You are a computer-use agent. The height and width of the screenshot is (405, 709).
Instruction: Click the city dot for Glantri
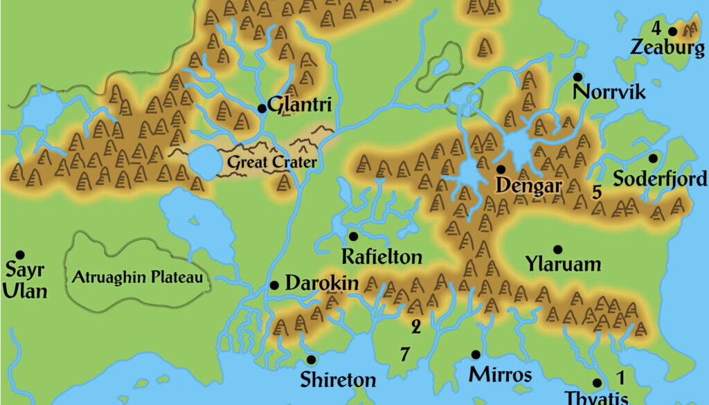(x=262, y=108)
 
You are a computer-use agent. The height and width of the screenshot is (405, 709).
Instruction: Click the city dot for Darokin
(x=274, y=285)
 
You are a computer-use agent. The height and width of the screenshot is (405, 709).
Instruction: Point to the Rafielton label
(x=382, y=257)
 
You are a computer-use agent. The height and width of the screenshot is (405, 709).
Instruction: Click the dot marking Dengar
(x=500, y=169)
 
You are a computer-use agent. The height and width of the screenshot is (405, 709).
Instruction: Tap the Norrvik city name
(x=609, y=92)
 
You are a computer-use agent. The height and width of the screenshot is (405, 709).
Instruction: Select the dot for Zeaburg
(x=672, y=31)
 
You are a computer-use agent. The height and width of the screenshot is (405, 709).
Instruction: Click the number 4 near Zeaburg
(x=656, y=28)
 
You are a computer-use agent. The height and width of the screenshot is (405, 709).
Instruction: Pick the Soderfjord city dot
(x=652, y=158)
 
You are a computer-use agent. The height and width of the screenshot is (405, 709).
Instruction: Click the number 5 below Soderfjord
(x=596, y=192)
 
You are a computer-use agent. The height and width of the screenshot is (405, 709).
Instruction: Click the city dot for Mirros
(x=476, y=354)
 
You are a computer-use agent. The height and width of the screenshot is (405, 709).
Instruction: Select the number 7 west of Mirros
(x=404, y=354)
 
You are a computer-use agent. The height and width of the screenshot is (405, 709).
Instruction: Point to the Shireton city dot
(x=311, y=359)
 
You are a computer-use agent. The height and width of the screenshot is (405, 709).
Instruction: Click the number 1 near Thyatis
(x=620, y=377)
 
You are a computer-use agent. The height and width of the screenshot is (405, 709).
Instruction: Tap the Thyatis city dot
(x=597, y=383)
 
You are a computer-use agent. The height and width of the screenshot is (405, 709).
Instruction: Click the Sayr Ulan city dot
(x=20, y=255)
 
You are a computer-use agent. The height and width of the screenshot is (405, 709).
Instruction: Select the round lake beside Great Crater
(x=203, y=161)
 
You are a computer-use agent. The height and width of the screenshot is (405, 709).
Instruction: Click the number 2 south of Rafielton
(x=415, y=325)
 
